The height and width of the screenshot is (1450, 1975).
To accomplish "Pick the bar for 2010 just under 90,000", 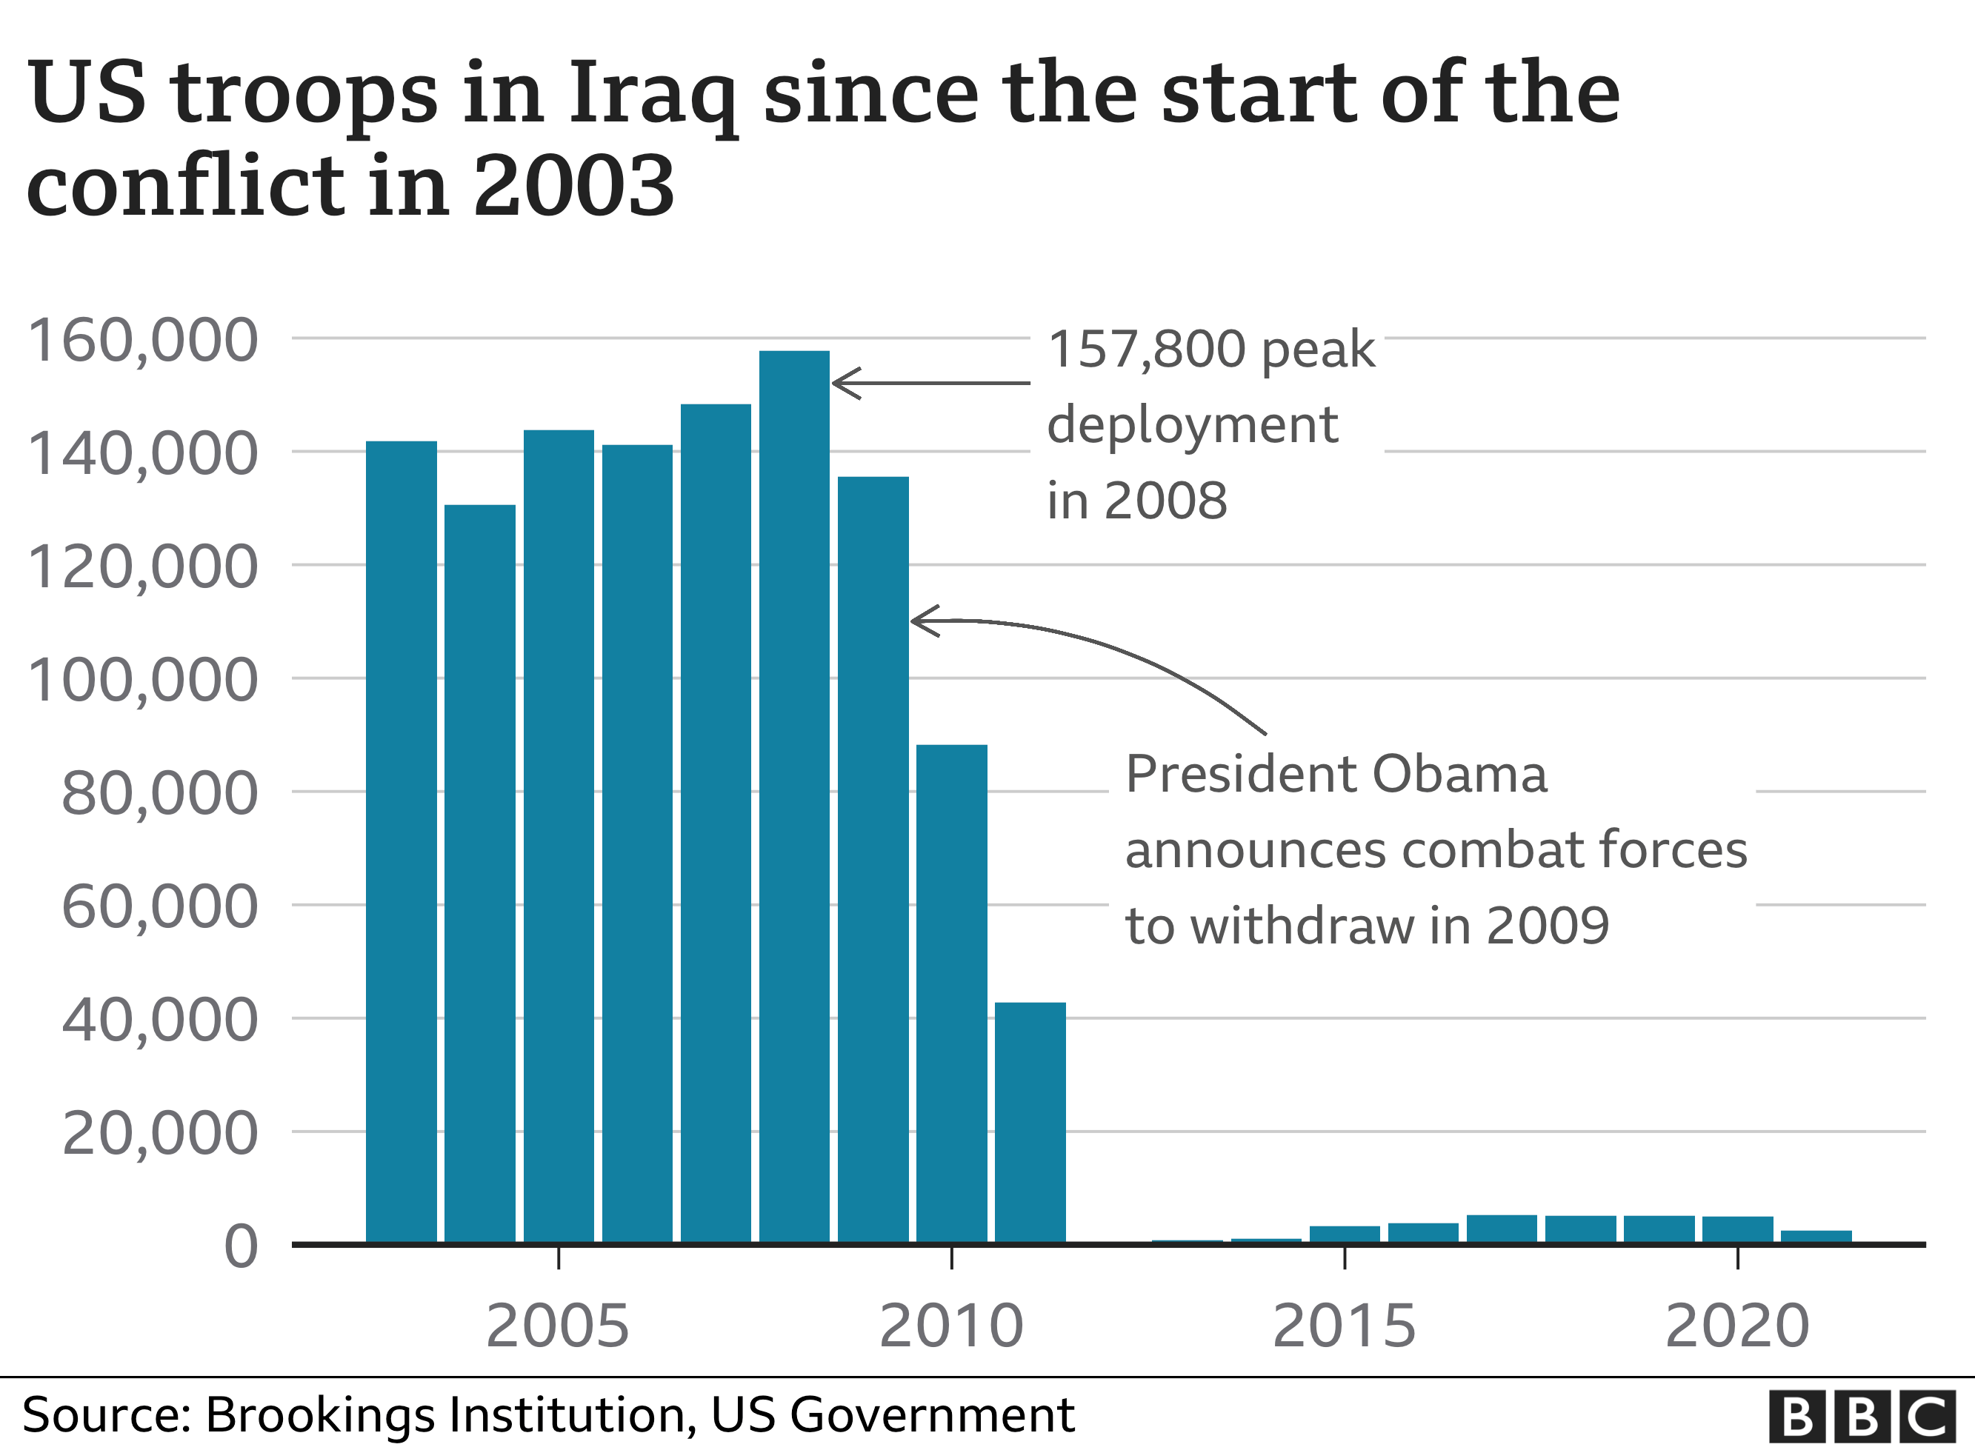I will [951, 992].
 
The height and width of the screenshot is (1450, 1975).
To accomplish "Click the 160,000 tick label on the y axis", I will [143, 341].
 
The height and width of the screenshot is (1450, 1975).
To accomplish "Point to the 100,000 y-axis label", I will [143, 681].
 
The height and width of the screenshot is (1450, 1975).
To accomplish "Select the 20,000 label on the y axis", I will [160, 1134].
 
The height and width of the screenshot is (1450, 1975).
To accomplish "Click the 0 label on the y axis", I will [241, 1247].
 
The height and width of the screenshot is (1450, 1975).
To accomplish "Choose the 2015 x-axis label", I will [1344, 1326].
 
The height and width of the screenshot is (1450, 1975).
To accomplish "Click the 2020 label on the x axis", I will [1737, 1326].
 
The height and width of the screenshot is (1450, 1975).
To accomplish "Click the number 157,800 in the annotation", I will [1146, 350].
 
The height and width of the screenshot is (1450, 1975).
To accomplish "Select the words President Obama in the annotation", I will [1335, 775].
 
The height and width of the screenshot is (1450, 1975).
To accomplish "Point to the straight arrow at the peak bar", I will [930, 384].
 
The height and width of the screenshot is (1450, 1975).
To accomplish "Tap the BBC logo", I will [1861, 1416].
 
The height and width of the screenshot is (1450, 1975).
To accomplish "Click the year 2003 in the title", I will [574, 186].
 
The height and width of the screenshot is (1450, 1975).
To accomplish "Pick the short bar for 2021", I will [1816, 1236].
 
